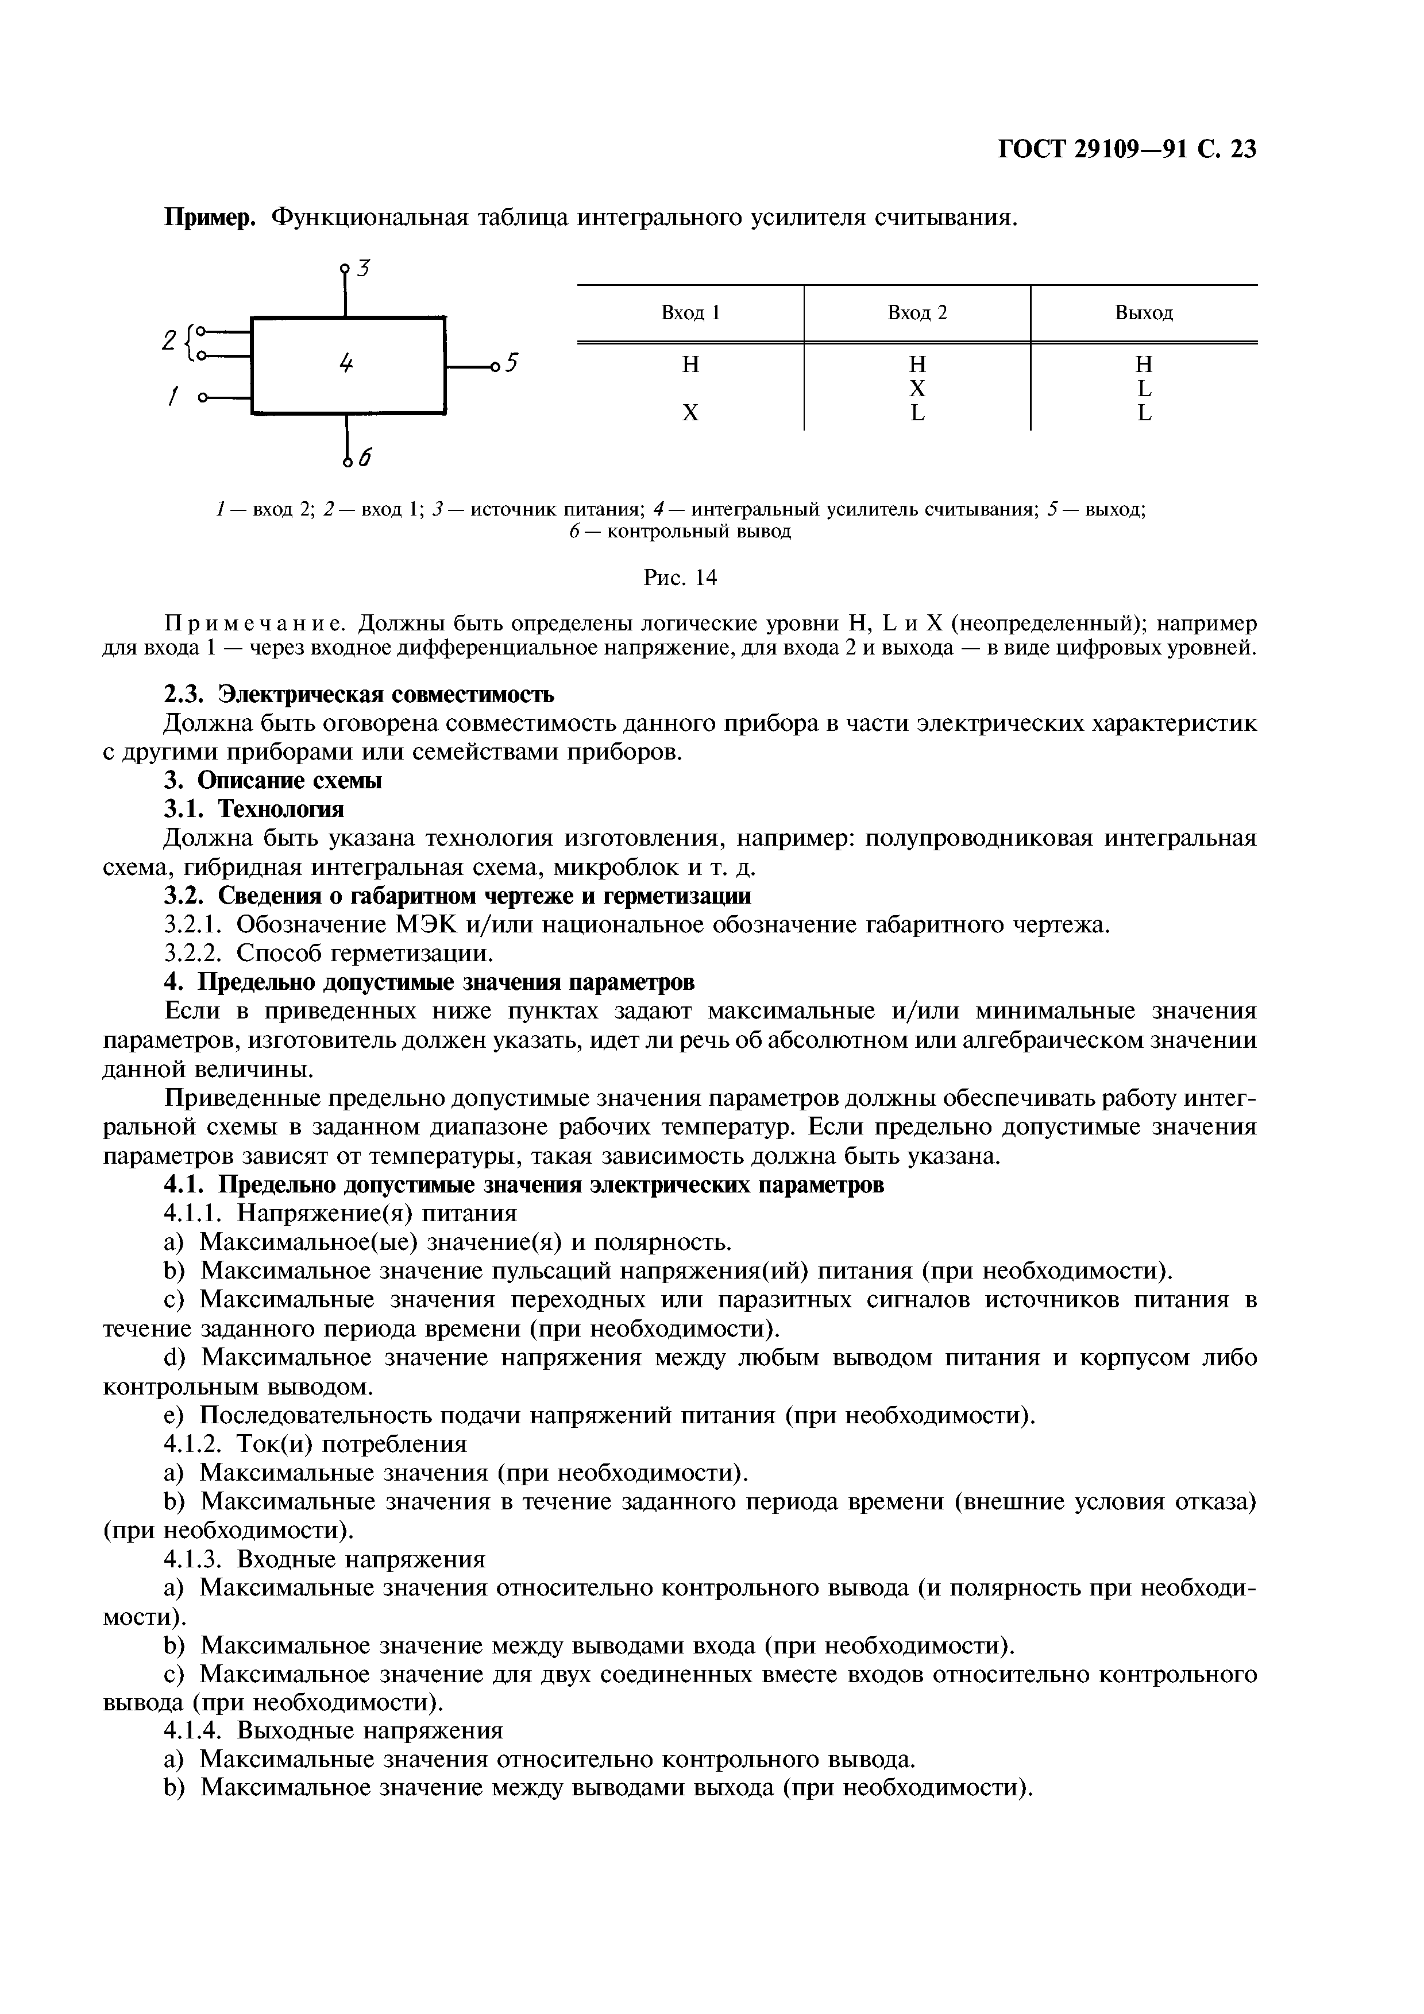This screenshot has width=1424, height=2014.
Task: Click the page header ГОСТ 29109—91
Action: (x=1095, y=150)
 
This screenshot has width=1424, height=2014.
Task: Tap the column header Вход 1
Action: (x=690, y=313)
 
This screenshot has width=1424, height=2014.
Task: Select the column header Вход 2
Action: (x=917, y=313)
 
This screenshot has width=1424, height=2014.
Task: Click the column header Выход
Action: (x=1143, y=313)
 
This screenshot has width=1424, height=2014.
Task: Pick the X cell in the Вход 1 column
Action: (x=690, y=412)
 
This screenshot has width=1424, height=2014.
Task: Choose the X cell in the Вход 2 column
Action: (x=917, y=388)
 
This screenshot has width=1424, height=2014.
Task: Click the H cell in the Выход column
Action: (x=1143, y=364)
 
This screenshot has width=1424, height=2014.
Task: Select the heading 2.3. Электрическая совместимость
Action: (x=360, y=695)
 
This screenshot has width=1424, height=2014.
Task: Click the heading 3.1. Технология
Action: (x=254, y=808)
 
